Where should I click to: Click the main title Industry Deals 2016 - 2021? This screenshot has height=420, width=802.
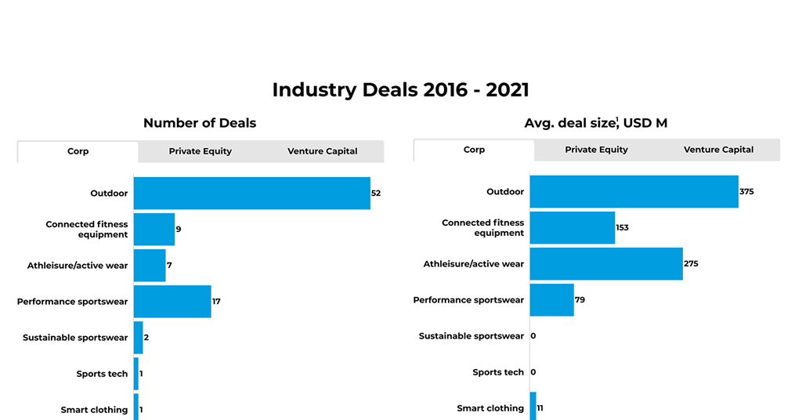pos(400,90)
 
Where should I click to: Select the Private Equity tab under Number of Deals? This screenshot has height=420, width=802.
pos(200,151)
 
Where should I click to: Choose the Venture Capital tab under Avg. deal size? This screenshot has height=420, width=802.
pos(718,150)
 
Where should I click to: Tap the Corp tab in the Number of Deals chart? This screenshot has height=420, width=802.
pos(78,151)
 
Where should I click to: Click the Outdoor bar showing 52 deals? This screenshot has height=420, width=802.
pos(251,193)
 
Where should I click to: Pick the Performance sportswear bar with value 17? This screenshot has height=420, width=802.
pos(172,302)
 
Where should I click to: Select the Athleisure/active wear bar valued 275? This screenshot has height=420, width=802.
pos(606,264)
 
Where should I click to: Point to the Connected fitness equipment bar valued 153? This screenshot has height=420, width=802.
pos(573,228)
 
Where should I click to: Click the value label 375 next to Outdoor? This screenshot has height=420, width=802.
pos(746,192)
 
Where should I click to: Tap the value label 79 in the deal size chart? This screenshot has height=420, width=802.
pos(580,300)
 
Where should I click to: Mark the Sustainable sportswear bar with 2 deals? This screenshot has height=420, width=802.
pos(139,338)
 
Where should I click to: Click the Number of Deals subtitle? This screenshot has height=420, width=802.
pos(200,123)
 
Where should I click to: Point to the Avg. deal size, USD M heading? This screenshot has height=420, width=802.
pos(596,123)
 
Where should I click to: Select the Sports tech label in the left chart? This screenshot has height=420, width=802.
pos(102,374)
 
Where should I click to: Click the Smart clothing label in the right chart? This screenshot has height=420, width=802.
pos(490,408)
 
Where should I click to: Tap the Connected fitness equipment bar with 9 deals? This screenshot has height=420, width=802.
pos(154,230)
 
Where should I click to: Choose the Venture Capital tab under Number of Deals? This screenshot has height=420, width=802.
pos(322,151)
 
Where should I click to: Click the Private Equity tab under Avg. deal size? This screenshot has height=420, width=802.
pos(596,150)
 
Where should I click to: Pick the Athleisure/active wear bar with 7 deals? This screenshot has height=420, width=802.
pos(150,266)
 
